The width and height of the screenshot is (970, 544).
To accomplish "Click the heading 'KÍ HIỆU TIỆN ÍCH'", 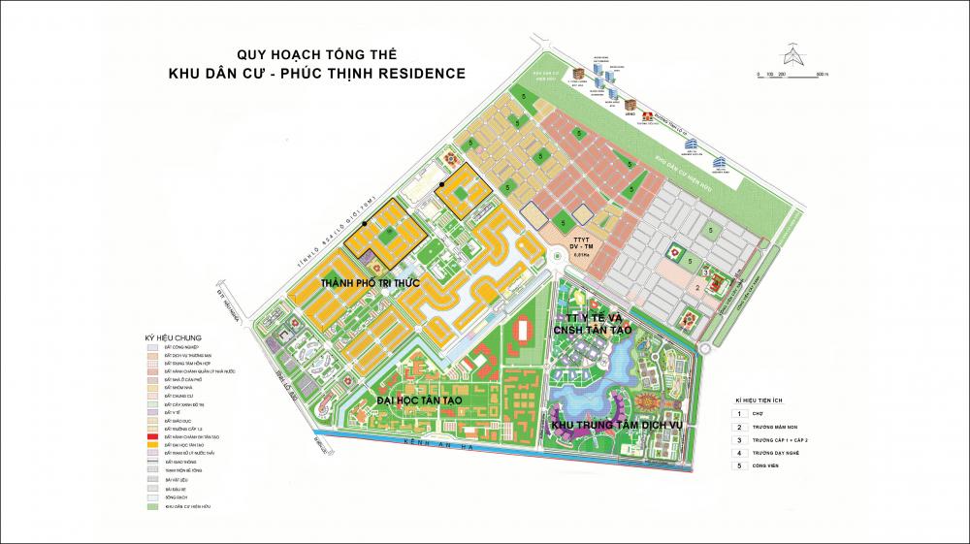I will coord(765,400).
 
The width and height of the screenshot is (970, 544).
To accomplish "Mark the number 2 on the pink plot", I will coord(695,287).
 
